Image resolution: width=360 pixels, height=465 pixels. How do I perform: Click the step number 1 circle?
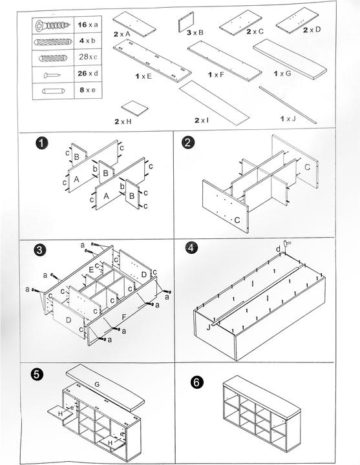point(42,143)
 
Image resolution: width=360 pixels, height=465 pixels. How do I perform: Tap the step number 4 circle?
point(191,247)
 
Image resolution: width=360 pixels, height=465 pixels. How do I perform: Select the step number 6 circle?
point(196,382)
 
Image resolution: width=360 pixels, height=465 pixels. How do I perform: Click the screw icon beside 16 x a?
point(52,25)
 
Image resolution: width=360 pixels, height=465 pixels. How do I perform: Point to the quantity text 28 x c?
point(88,57)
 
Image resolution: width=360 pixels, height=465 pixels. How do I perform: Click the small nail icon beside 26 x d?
point(52,76)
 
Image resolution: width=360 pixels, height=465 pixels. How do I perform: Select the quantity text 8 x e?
point(87,90)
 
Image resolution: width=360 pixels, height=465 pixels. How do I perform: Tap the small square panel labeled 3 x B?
point(186,22)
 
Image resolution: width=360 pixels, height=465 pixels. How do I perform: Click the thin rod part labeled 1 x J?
point(288,105)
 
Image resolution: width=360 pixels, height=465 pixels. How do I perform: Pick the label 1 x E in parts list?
point(143,76)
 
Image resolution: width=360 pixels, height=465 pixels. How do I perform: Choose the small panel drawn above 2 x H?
point(134,108)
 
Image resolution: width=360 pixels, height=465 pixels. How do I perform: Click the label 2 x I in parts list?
point(202,120)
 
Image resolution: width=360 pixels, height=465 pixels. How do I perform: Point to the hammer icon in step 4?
point(287,245)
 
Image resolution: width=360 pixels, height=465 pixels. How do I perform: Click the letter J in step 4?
point(208,327)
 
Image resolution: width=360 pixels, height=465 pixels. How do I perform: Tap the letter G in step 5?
point(97,384)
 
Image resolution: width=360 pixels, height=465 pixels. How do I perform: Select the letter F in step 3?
point(123,316)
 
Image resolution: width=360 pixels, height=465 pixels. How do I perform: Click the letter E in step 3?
point(91,269)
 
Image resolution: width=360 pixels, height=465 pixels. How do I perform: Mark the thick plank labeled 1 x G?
point(290,59)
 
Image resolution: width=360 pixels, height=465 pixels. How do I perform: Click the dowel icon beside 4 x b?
point(53,42)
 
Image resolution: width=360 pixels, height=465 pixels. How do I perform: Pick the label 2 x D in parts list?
point(312,30)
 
